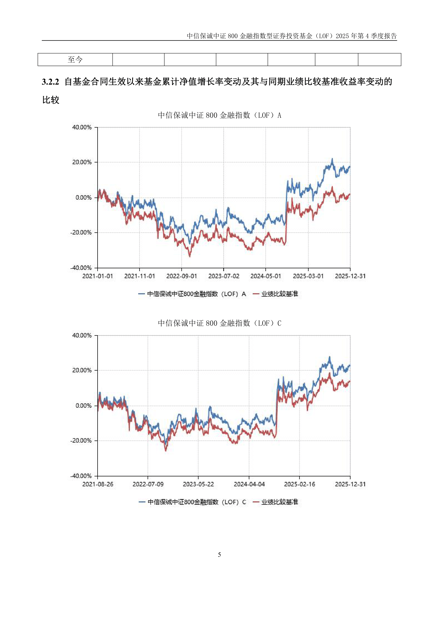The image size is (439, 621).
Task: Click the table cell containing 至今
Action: [75, 59]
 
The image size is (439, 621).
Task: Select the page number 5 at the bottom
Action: [219, 554]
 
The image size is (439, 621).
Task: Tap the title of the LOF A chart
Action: [219, 116]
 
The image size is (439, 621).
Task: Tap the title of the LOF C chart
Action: [219, 323]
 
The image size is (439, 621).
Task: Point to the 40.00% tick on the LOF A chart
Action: [82, 127]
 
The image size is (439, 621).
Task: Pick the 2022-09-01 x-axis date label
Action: [182, 276]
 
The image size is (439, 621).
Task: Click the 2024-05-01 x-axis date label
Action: [266, 276]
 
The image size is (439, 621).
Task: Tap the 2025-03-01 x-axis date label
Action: [308, 276]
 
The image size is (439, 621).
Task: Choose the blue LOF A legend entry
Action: [192, 294]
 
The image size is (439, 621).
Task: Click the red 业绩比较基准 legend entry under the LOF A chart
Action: [275, 294]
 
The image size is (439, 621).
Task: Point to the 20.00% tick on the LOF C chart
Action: [82, 370]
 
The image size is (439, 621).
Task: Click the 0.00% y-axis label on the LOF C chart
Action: [83, 406]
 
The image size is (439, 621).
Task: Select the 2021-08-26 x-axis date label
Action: [98, 484]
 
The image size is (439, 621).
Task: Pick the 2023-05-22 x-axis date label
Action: [198, 484]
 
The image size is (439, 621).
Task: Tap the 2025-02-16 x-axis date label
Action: [299, 484]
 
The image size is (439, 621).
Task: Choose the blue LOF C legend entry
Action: [192, 502]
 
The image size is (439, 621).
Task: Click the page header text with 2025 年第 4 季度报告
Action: [292, 36]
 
